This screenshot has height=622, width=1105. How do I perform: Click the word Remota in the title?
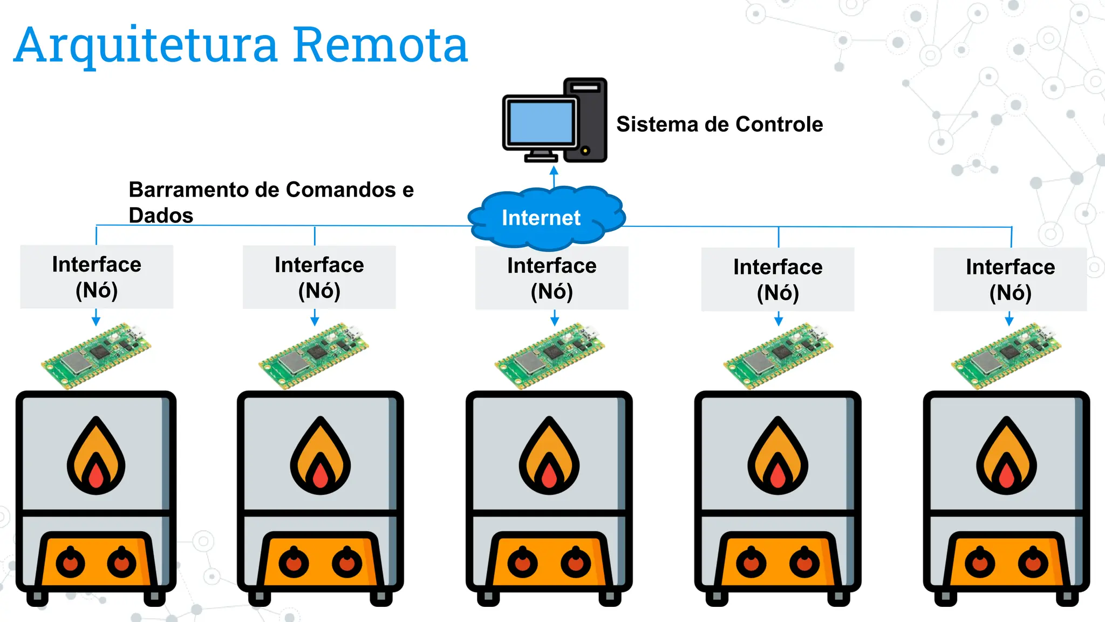click(x=380, y=45)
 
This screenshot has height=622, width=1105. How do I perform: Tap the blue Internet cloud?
click(x=545, y=218)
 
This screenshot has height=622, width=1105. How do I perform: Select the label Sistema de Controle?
click(x=719, y=124)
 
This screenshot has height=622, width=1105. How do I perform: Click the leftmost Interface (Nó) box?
click(x=97, y=277)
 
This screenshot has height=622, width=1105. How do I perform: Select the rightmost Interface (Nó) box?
click(x=1010, y=279)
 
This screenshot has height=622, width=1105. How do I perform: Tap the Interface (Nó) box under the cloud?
click(x=551, y=279)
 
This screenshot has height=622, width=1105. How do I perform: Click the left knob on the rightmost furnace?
click(x=979, y=563)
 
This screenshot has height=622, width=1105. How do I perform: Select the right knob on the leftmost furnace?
click(x=122, y=563)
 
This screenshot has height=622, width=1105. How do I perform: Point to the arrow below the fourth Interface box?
click(x=778, y=319)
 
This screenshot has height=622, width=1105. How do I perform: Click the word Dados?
click(x=161, y=215)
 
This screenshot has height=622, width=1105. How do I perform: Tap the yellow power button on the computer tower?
click(x=585, y=150)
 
